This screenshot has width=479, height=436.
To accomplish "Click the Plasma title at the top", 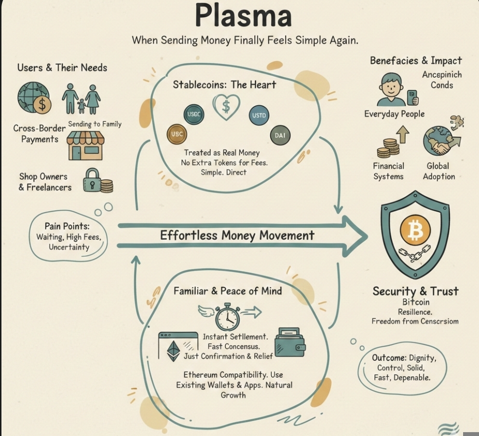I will click(243, 15).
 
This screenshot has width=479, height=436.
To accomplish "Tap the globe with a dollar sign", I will click(33, 98).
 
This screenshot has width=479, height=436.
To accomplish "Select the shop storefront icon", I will click(85, 145).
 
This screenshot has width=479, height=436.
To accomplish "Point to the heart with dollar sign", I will click(225, 106).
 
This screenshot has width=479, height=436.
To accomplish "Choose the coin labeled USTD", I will click(259, 115).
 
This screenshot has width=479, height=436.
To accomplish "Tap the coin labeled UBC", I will click(177, 134).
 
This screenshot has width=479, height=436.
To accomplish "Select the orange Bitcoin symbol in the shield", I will click(415, 232).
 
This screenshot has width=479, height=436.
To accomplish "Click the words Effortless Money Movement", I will click(237, 235).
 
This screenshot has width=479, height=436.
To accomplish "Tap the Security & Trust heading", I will click(415, 291).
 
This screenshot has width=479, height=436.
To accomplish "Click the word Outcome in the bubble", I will click(389, 358).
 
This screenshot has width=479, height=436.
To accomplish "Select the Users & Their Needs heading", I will click(62, 68).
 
